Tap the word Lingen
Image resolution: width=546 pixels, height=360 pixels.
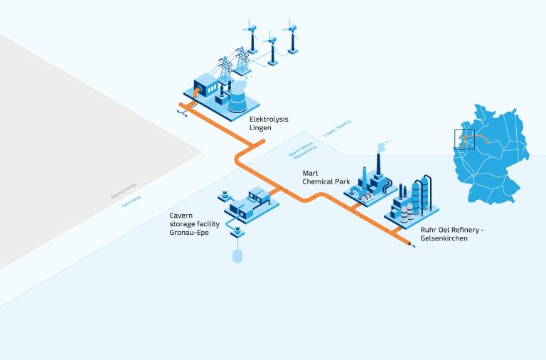260,128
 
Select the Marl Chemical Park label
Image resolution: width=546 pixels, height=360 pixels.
326,177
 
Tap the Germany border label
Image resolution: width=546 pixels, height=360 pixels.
132,201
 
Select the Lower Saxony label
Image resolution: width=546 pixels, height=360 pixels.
337,129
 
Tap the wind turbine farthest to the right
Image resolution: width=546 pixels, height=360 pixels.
291,36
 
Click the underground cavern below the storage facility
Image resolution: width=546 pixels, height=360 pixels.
237,254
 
